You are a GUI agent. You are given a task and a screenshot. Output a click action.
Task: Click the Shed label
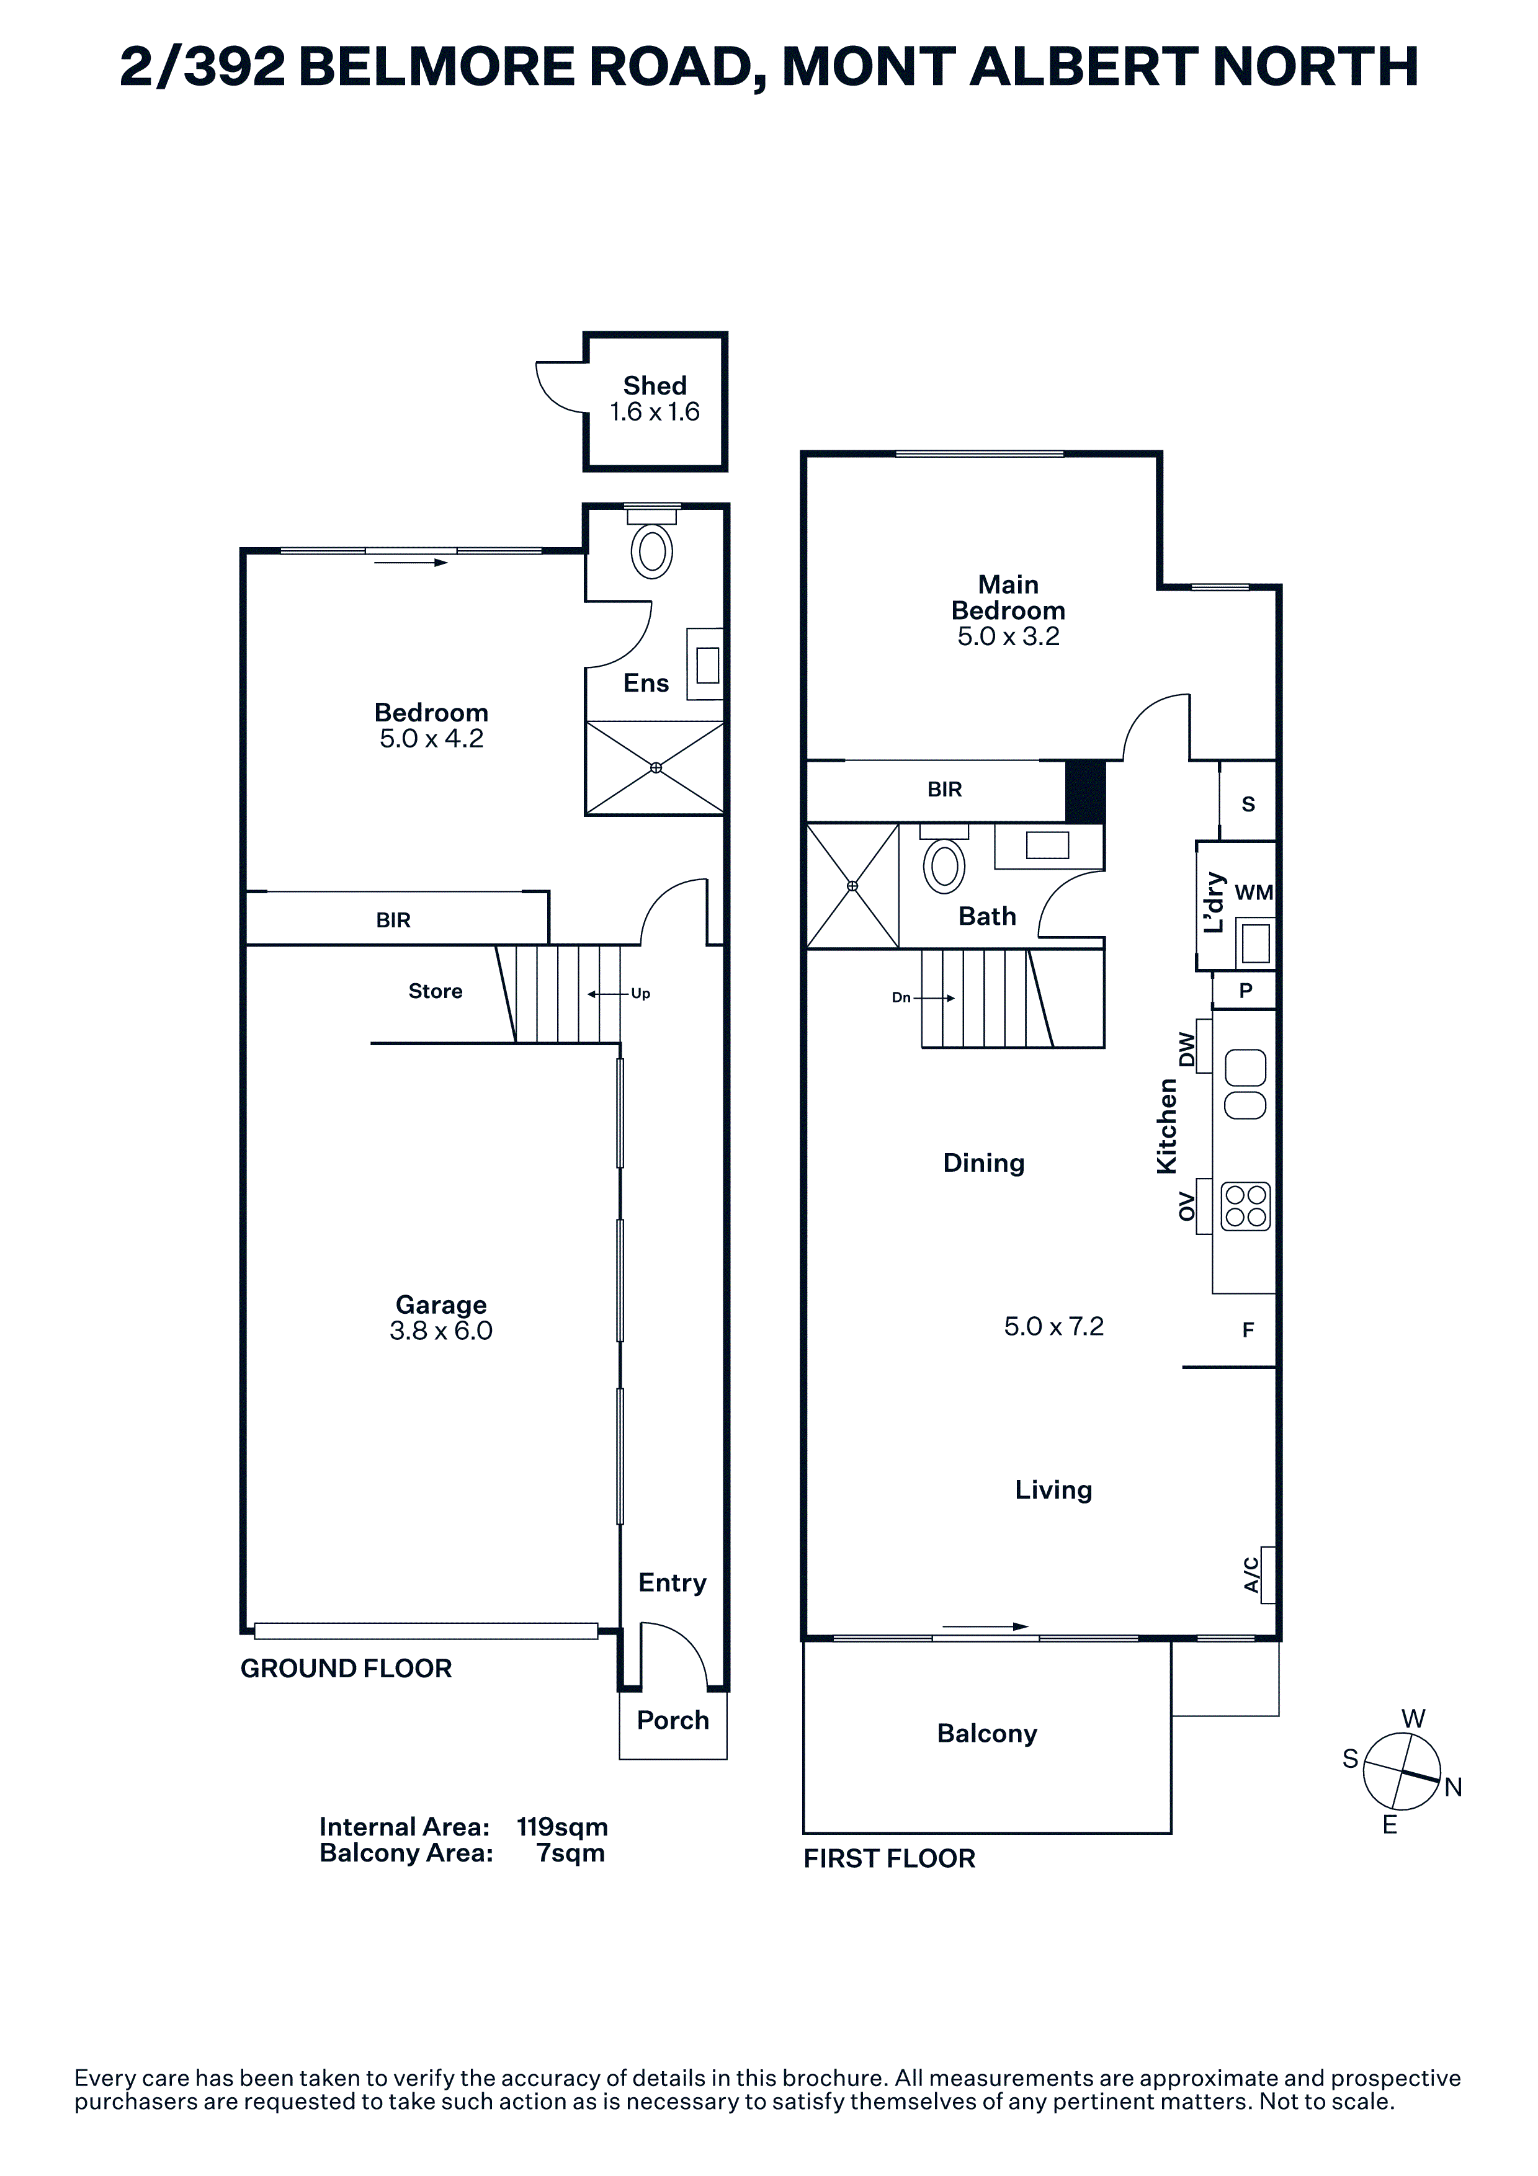655,386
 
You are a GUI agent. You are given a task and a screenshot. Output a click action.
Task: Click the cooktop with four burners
1245,1206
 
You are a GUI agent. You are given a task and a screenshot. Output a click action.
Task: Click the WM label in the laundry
1254,892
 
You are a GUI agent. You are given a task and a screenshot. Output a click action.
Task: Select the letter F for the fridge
1248,1331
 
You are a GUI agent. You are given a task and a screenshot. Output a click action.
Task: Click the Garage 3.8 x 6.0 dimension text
440,1331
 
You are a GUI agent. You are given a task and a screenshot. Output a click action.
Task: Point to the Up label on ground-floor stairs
641,994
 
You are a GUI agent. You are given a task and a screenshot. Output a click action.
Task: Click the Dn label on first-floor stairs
901,998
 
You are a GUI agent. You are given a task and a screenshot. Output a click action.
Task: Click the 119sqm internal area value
562,1826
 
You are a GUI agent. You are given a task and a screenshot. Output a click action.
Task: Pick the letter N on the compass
1454,1788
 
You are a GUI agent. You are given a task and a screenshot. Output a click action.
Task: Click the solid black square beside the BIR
1086,791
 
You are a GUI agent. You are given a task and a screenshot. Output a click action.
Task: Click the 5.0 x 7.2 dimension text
1053,1326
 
